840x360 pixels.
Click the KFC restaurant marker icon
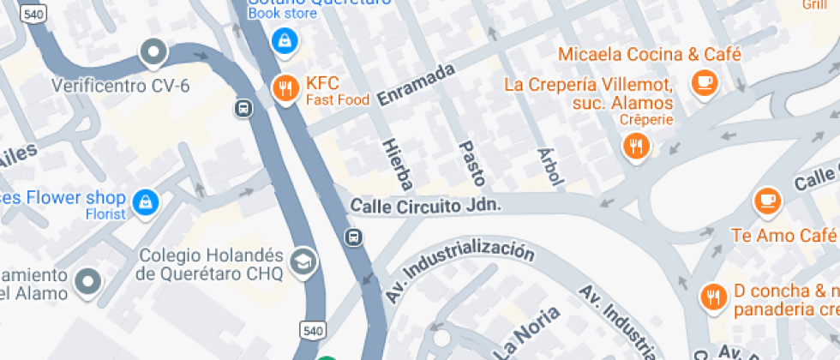click(x=285, y=87)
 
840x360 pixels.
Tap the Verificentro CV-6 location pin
click(x=153, y=54)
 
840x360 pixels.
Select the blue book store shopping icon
click(x=284, y=39)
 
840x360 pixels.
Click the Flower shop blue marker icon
click(x=147, y=201)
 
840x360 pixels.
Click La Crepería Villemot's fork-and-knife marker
click(x=635, y=146)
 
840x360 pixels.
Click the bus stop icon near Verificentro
click(x=243, y=109)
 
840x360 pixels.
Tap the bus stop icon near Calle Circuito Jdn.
click(x=352, y=237)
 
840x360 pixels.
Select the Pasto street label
click(x=472, y=163)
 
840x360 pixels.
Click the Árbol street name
click(x=550, y=166)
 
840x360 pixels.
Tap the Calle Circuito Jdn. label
click(x=424, y=206)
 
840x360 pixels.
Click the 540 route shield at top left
click(x=34, y=15)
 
